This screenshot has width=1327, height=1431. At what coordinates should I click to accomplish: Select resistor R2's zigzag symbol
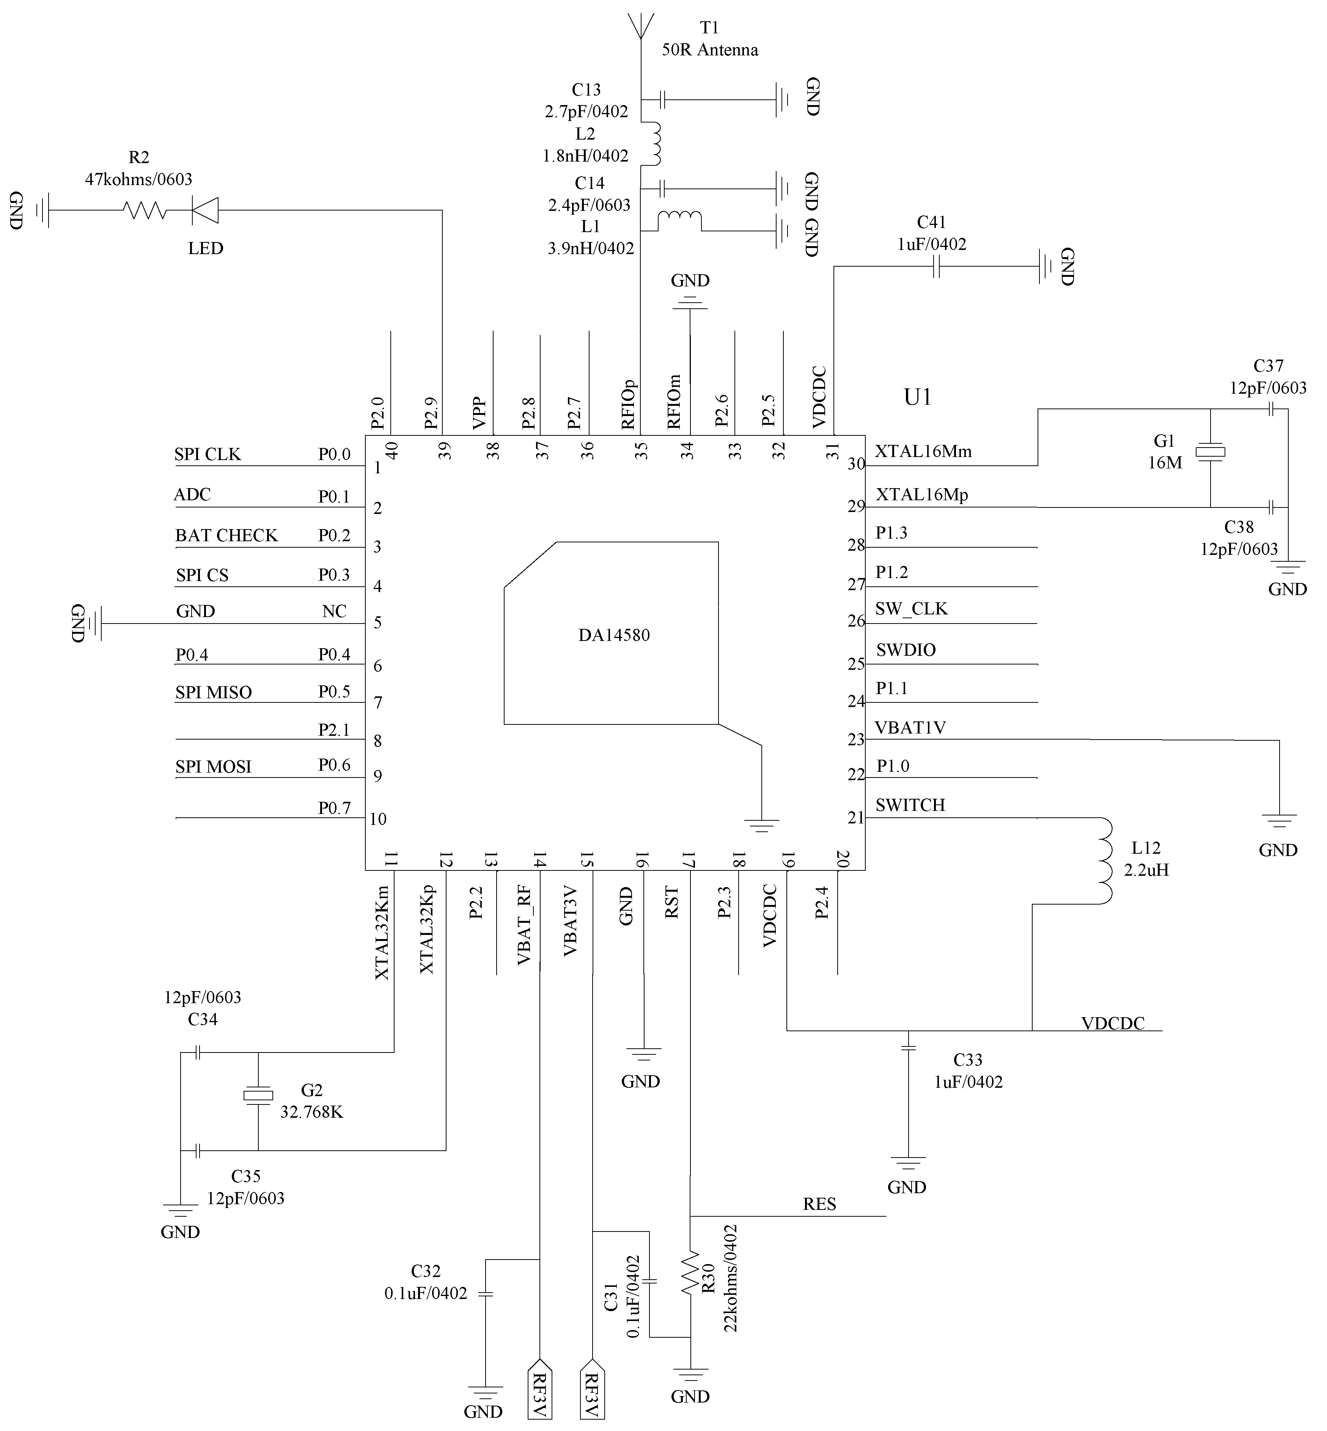pos(144,210)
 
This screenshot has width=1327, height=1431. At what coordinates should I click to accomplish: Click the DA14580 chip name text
pos(614,635)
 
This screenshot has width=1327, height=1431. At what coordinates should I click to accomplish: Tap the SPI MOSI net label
pos(213,767)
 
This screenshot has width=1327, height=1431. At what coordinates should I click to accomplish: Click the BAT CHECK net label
pos(226,536)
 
